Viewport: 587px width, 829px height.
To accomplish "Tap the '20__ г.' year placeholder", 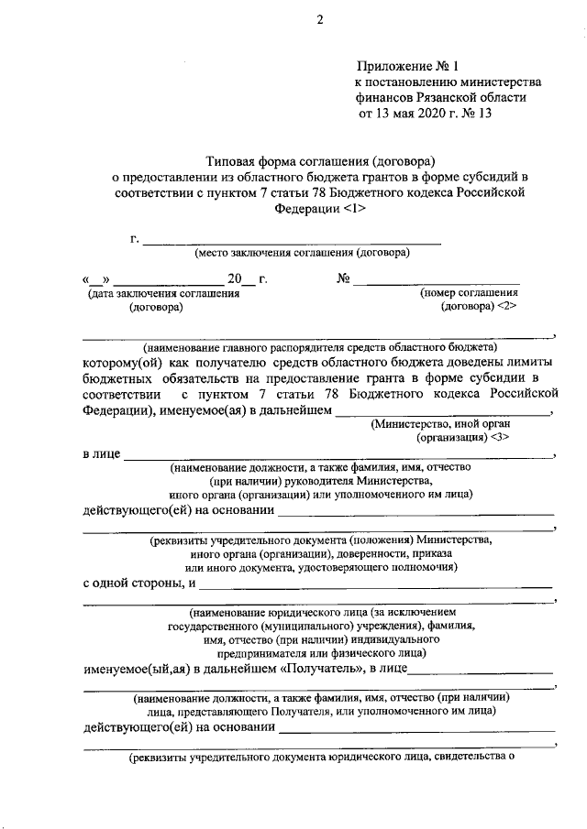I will [247, 279].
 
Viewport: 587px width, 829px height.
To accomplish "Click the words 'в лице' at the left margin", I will [101, 453].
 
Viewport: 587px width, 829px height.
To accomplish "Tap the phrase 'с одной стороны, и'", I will [138, 584].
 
